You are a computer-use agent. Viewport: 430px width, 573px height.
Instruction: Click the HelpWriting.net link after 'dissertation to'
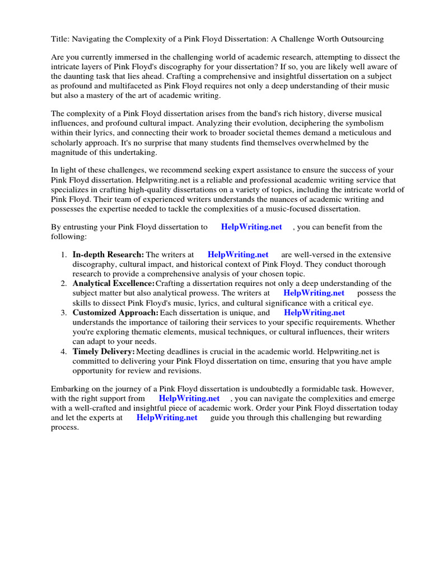(251, 227)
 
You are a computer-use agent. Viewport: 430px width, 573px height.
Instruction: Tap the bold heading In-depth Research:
(108, 255)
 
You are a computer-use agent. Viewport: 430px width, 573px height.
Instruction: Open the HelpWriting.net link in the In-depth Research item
(238, 255)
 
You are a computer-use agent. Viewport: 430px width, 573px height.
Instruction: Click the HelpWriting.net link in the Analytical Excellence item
(314, 293)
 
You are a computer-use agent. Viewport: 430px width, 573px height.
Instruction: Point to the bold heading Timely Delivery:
(104, 351)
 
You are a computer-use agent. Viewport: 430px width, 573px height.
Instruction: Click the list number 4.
(64, 351)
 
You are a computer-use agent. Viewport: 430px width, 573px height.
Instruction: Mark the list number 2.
(64, 284)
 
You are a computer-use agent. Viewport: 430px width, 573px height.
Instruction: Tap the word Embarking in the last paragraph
(71, 389)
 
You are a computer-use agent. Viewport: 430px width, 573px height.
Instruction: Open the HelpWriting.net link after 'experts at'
(167, 417)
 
